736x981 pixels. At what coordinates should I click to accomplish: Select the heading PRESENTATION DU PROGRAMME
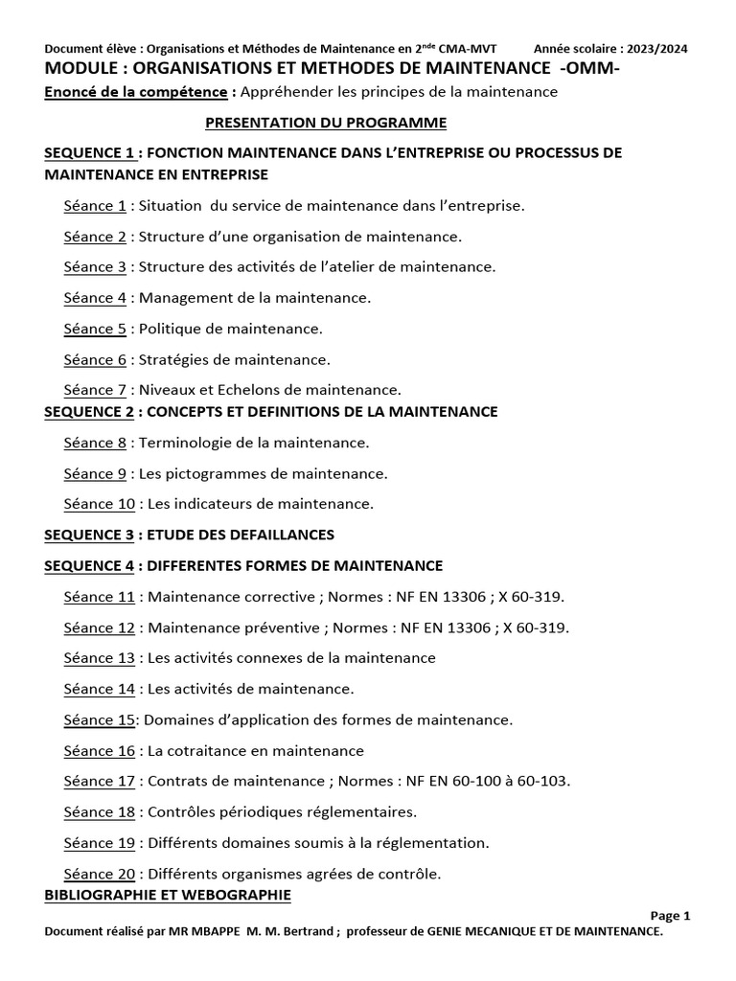327,123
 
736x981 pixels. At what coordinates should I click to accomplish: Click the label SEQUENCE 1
89,153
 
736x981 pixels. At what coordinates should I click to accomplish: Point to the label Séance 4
95,298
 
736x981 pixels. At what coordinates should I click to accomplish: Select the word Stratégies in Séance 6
175,359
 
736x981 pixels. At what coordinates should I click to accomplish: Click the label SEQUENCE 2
89,412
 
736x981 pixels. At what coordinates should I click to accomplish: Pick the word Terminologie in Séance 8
184,443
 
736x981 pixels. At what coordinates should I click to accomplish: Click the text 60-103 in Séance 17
543,781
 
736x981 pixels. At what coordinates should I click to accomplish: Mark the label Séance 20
99,874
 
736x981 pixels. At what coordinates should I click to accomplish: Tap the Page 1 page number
670,915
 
